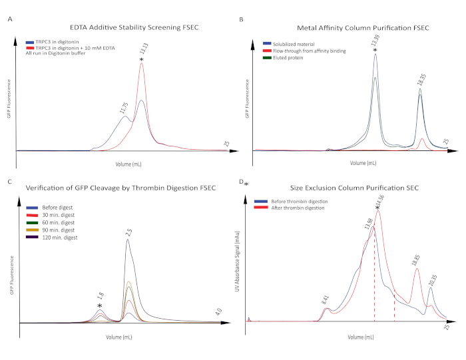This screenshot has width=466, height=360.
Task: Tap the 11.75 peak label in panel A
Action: pyautogui.click(x=124, y=107)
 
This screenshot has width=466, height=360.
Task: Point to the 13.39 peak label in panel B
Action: pyautogui.click(x=375, y=40)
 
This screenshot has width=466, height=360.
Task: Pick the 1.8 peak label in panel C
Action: pyautogui.click(x=100, y=297)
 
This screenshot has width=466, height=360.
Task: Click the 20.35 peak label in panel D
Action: pyautogui.click(x=433, y=279)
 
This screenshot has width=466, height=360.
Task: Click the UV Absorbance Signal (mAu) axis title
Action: pyautogui.click(x=238, y=266)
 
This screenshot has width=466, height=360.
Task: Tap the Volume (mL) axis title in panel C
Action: pyautogui.click(x=119, y=337)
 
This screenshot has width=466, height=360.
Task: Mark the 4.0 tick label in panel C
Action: pyautogui.click(x=218, y=312)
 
